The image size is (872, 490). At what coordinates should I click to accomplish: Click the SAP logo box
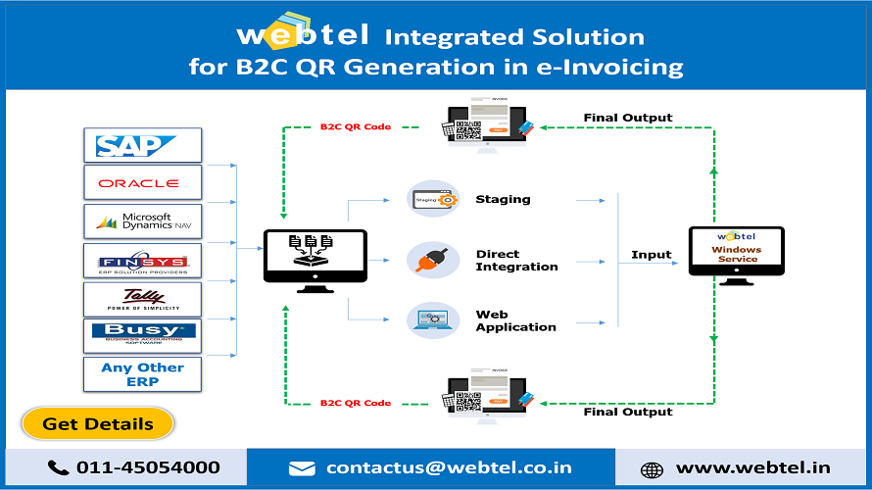142,145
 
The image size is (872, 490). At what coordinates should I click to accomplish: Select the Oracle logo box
142,183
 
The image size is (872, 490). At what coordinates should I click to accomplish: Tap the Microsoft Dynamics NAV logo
142,221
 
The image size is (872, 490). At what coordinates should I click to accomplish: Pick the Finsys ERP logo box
142,261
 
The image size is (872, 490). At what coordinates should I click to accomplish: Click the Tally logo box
142,298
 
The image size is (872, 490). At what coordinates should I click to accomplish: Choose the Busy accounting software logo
142,335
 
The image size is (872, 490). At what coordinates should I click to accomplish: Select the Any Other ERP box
142,374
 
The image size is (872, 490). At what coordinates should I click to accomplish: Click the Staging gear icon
433,200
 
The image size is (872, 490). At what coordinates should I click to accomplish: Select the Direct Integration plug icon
433,261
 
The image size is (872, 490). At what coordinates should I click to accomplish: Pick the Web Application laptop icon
433,320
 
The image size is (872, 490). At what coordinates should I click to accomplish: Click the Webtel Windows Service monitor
737,253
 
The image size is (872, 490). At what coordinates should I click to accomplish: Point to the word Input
652,255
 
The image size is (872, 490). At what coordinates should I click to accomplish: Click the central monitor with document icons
315,257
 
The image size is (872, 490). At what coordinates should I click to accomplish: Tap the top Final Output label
628,118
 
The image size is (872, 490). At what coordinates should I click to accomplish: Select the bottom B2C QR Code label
356,403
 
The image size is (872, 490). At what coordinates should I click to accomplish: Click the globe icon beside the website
652,469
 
